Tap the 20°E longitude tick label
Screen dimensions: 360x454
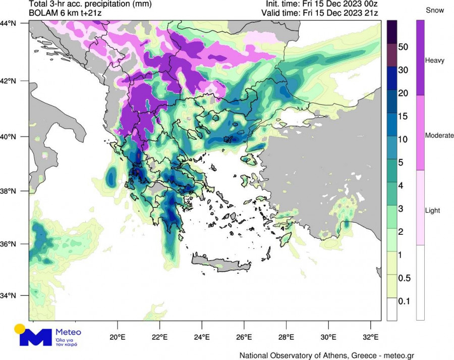118,337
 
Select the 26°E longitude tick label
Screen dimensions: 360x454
244,337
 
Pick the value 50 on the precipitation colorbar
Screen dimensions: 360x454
403,47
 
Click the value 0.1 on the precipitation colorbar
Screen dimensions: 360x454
404,301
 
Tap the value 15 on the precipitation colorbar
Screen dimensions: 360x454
403,116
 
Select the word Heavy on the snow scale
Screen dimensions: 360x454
434,60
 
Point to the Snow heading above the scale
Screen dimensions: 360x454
434,10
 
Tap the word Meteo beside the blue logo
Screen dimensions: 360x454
67,332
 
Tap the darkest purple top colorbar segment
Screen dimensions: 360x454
392,30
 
